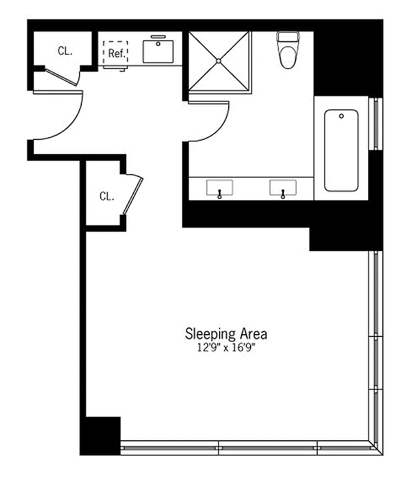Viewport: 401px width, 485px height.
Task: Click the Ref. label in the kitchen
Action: coord(116,53)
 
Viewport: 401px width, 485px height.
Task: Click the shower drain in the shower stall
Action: coord(218,61)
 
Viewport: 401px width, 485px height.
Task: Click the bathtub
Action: coord(341,150)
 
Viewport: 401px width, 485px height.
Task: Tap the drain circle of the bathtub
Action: coord(342,116)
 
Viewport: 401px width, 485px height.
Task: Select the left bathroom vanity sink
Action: coord(219,188)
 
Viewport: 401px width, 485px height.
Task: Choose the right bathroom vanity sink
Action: coord(282,188)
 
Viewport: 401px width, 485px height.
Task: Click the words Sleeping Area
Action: coord(226,333)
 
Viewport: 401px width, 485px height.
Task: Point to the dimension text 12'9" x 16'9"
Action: coord(225,348)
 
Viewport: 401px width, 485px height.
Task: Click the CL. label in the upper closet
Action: coord(65,51)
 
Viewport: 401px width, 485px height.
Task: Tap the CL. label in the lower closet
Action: coord(107,196)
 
